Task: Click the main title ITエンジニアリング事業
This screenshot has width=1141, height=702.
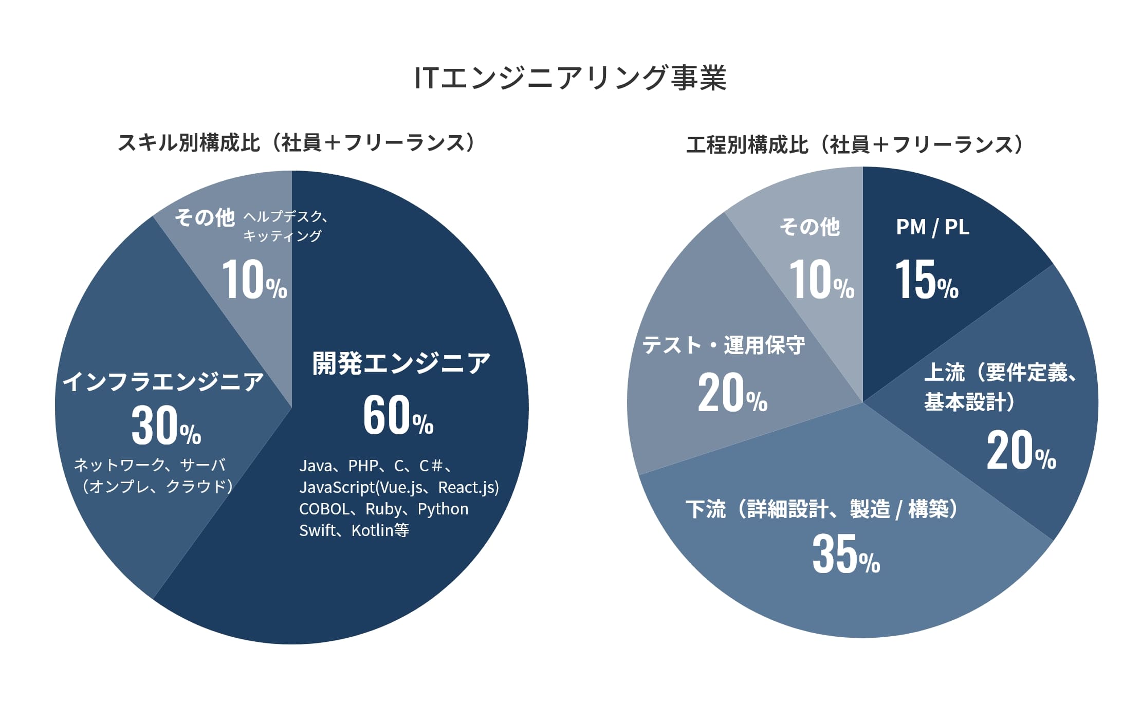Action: coord(570,78)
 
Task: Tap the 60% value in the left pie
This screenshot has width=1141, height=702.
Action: coord(398,416)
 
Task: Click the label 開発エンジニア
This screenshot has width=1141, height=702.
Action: coord(401,364)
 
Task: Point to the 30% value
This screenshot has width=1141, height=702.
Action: coord(165,427)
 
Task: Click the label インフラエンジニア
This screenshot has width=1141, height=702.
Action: coord(163,382)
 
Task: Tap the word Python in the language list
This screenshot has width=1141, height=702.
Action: coord(443,509)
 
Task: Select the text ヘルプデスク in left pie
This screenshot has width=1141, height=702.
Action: coord(283,216)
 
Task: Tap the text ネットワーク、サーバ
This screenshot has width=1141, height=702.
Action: coord(150,465)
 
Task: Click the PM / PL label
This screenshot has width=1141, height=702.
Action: coord(932,227)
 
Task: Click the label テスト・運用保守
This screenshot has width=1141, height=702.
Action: coord(723,345)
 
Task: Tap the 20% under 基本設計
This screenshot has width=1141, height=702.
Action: coord(1021,451)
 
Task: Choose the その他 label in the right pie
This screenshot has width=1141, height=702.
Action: coord(809,227)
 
